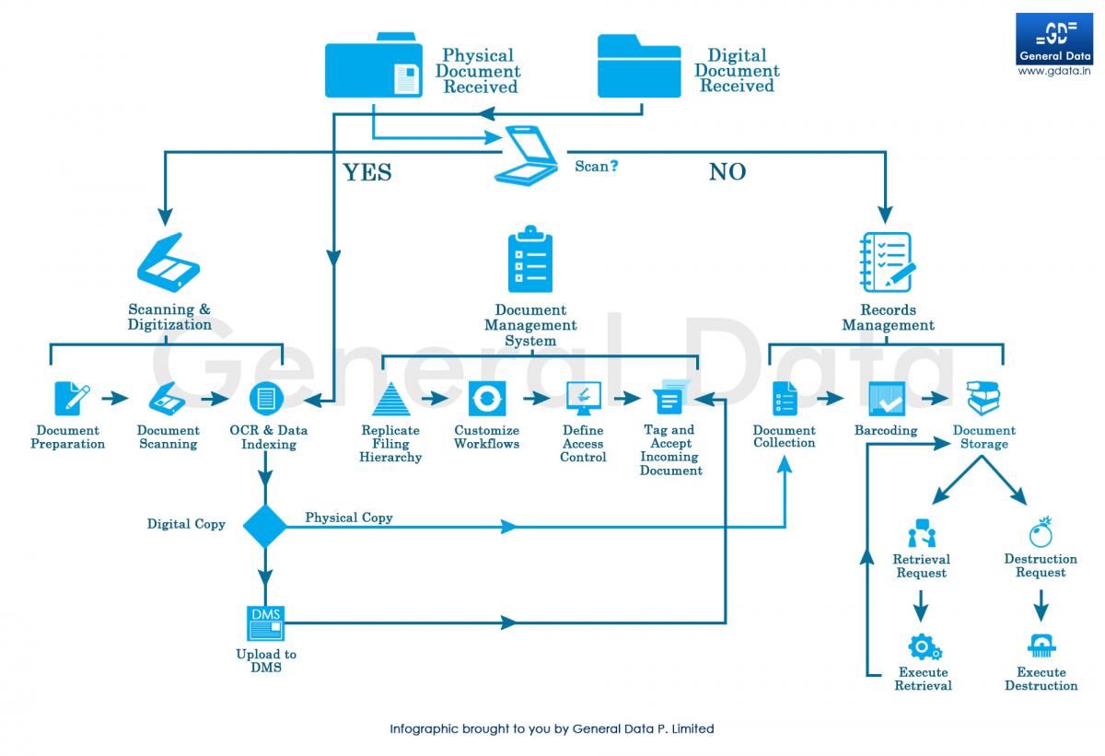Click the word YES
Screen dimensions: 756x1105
367,172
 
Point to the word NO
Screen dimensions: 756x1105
727,172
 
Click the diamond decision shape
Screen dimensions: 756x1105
265,525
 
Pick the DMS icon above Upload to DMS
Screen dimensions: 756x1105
266,623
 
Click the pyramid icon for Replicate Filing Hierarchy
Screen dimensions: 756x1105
390,400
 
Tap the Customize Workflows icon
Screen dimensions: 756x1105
486,399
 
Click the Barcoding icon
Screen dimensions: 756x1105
886,399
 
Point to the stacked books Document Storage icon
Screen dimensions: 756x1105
983,398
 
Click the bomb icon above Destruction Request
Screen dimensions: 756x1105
1041,531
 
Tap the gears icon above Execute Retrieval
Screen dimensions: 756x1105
923,646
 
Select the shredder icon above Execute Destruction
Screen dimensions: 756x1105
1041,646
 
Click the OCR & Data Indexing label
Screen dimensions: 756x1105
268,437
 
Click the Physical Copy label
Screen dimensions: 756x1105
349,518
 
